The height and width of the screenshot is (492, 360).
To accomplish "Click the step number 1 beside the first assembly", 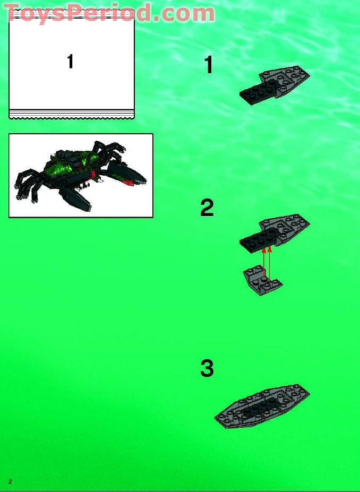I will [209, 65].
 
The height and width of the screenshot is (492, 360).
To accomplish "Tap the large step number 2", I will [207, 208].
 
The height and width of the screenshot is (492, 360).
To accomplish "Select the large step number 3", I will [207, 368].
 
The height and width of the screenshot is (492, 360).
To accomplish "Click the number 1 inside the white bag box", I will [70, 62].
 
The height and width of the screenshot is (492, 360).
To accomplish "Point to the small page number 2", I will [10, 481].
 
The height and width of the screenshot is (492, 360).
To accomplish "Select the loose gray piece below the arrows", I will [262, 281].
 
